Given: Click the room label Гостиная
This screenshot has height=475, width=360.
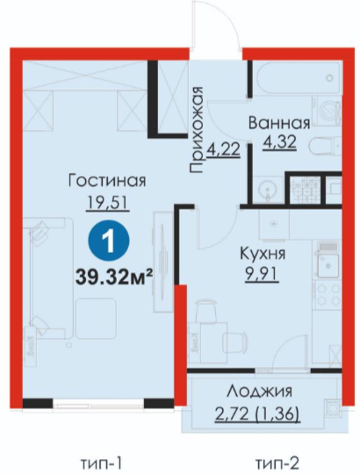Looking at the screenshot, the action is (x=107, y=181).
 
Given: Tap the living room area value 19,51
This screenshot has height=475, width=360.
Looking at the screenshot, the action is (x=108, y=202).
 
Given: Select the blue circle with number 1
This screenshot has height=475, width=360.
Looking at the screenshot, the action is (x=109, y=241).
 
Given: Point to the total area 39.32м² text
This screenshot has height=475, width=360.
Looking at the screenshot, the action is (x=113, y=277).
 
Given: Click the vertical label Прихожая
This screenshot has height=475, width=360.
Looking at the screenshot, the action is (x=197, y=130).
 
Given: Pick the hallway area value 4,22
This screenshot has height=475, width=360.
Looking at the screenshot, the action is (x=224, y=149).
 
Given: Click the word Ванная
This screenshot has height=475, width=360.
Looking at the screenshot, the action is (x=279, y=123).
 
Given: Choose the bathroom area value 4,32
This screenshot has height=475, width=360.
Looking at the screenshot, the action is (x=279, y=141).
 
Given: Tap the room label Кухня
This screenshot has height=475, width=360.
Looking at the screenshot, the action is (x=263, y=253).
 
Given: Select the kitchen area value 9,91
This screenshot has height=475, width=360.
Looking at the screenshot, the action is (x=263, y=275).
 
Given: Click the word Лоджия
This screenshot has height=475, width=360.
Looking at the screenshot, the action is (x=259, y=392).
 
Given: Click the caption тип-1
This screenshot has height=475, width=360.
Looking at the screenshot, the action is (x=102, y=464).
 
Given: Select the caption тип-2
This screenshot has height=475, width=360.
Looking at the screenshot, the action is (x=277, y=464).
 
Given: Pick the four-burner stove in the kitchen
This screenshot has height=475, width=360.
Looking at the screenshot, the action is (x=328, y=295).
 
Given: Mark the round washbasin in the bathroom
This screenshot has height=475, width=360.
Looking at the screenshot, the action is (x=268, y=190).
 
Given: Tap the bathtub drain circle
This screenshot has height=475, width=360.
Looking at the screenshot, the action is (x=329, y=78).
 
